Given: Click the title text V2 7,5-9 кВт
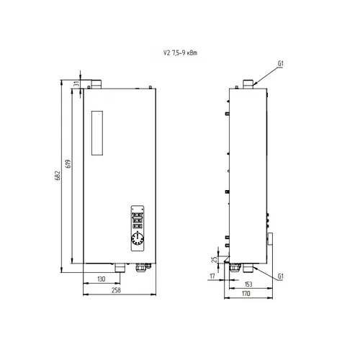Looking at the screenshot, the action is pos(180,53).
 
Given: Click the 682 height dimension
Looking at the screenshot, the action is pos(58,176).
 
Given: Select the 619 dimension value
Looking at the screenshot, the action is pos(68,163).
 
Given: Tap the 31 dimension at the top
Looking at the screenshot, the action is pos(76,84).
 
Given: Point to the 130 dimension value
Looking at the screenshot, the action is pos(102,279).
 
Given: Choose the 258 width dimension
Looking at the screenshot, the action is pos(116,290).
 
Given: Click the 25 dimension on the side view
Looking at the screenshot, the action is pos(215,259).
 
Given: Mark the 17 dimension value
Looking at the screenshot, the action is pos(212,276).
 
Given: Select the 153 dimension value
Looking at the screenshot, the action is pos(248,284).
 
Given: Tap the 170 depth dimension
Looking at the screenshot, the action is pos(246,294).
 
